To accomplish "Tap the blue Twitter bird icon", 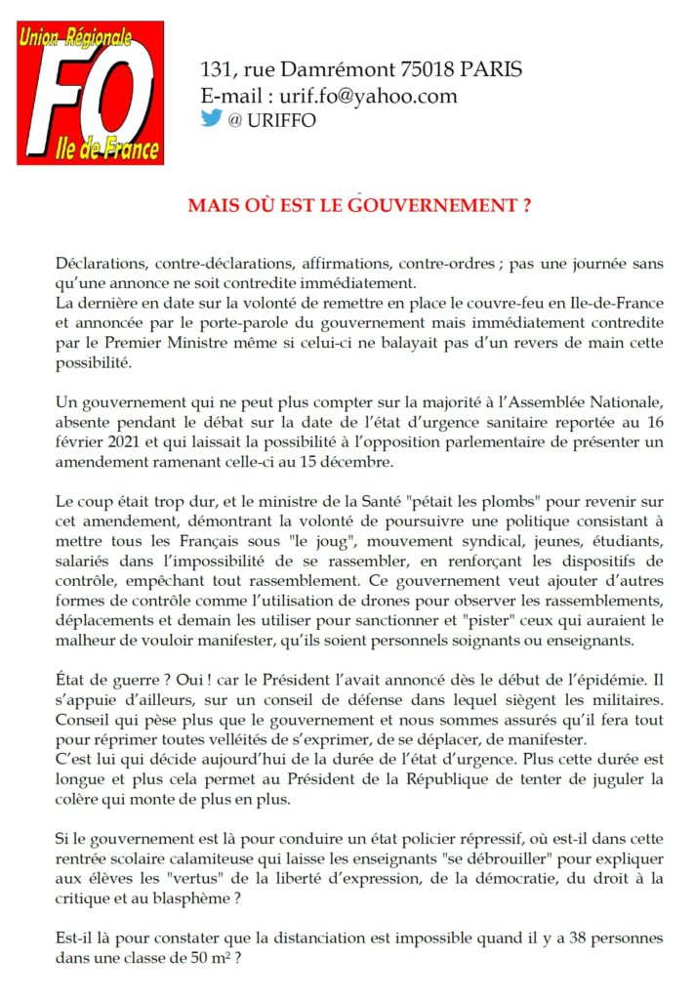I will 211,119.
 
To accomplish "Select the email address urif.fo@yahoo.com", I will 376,96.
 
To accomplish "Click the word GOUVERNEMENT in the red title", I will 432,207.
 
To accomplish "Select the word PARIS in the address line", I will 492,70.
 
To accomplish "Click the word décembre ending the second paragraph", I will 367,461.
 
